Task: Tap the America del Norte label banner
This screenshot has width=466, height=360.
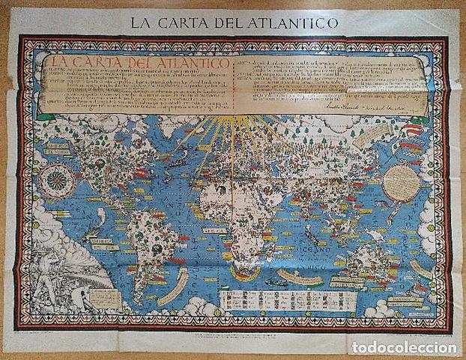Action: pyautogui.click(x=60, y=149)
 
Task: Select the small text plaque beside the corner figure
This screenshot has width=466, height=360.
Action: pyautogui.click(x=104, y=298)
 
